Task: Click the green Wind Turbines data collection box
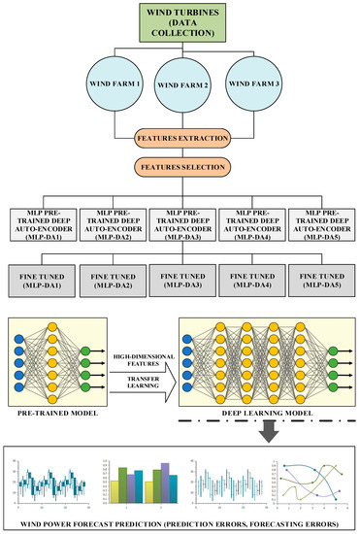coord(180,23)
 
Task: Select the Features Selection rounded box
coord(180,167)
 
